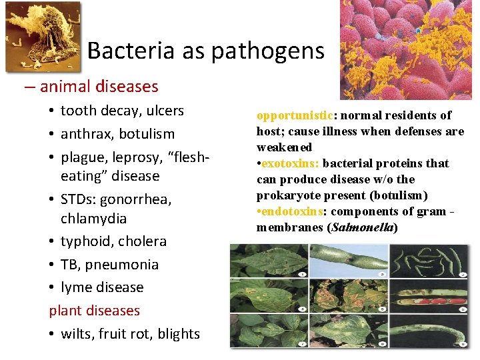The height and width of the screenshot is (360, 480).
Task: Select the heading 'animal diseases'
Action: click(x=99, y=86)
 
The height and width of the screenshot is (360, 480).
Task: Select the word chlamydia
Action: click(x=93, y=219)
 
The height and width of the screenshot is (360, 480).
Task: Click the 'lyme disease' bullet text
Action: click(x=102, y=287)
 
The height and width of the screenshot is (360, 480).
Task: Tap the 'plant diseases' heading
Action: click(x=94, y=311)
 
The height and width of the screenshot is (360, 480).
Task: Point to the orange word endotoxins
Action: click(x=293, y=211)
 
